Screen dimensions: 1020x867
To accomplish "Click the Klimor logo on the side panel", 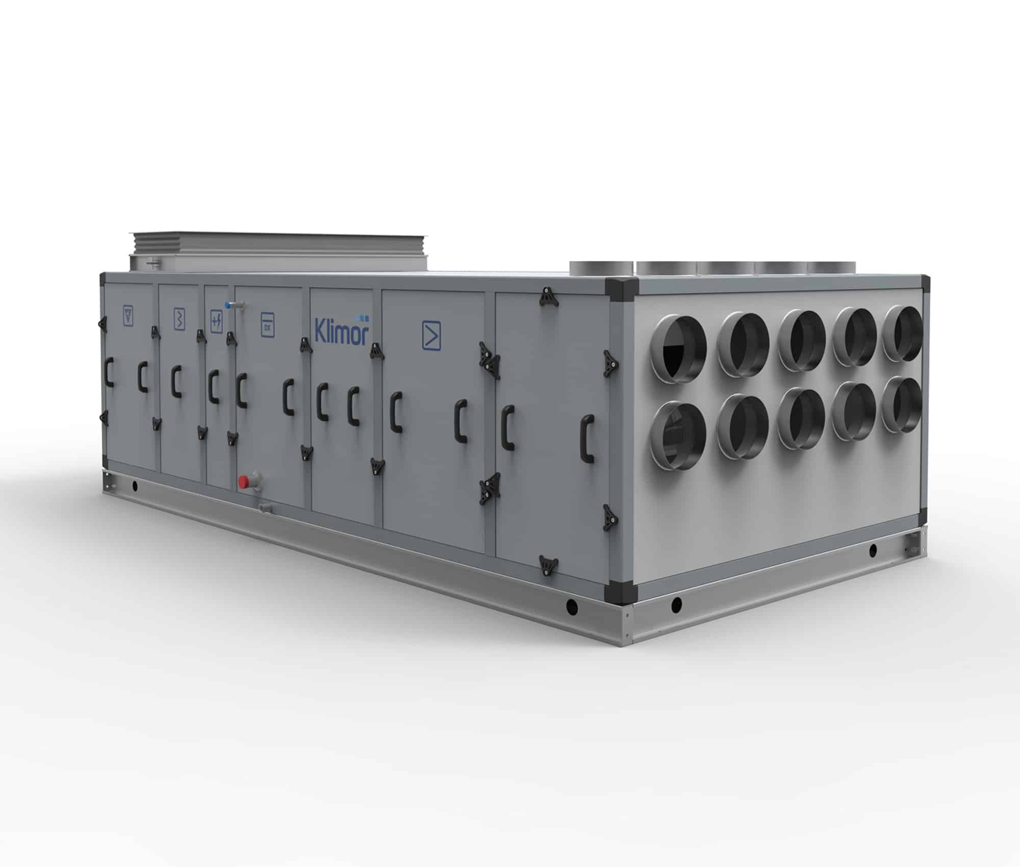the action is click(x=341, y=333).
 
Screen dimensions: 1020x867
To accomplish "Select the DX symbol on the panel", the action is click(x=267, y=324).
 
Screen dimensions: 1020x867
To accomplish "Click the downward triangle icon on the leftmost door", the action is click(x=128, y=315).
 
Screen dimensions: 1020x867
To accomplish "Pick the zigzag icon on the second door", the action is click(x=179, y=318).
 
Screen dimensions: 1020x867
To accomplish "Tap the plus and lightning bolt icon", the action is click(x=216, y=321).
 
